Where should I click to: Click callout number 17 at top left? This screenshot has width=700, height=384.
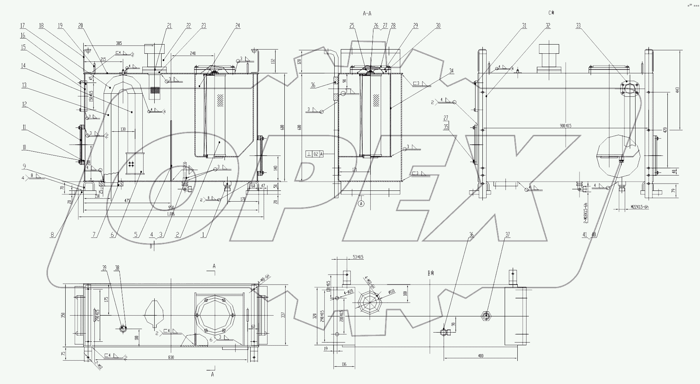click(x=23, y=26)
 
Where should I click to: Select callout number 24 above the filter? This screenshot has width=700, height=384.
click(x=238, y=26)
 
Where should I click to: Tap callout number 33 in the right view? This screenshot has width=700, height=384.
click(x=578, y=26)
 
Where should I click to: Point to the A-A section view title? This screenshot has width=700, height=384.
click(x=367, y=13)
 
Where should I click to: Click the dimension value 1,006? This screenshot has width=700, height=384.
click(x=171, y=214)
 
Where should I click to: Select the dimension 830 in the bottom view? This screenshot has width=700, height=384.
click(x=171, y=357)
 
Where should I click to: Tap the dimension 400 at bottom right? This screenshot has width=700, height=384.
click(x=480, y=356)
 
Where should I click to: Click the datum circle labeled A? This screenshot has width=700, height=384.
click(x=361, y=204)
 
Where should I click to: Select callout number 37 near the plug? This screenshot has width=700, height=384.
click(x=508, y=235)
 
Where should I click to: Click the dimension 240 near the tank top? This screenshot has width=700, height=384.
click(x=193, y=53)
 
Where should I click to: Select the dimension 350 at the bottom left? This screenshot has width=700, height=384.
click(x=64, y=315)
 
